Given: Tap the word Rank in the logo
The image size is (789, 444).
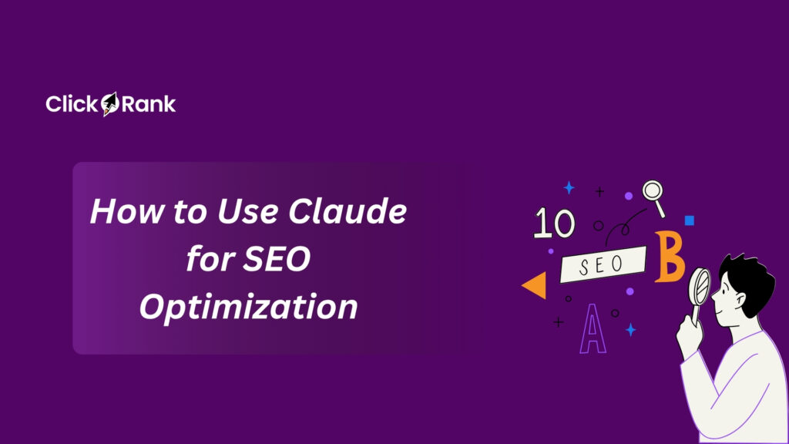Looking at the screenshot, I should coord(149,104).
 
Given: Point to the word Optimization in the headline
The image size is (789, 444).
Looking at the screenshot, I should coord(248,307).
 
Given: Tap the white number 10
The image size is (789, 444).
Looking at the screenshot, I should coord(554,224).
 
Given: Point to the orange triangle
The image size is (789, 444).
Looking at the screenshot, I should coord(535,285).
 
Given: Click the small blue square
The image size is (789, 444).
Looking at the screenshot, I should coord(690,220).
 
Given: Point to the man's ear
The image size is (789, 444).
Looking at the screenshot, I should coord(741,298).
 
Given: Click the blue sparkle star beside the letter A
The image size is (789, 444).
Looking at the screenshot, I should coord(630,330).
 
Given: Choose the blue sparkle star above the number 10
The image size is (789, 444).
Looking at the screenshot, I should coord(569,187).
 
